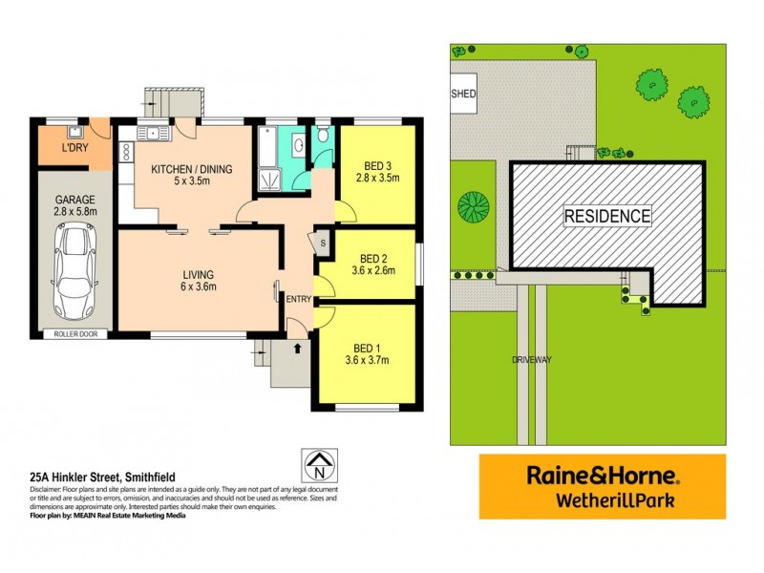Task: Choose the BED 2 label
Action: pos(372,258)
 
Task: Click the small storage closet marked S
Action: pos(323,243)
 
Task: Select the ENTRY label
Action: pos(299,300)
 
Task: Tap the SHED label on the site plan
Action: pos(463,95)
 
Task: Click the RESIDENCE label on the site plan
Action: pos(607,216)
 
